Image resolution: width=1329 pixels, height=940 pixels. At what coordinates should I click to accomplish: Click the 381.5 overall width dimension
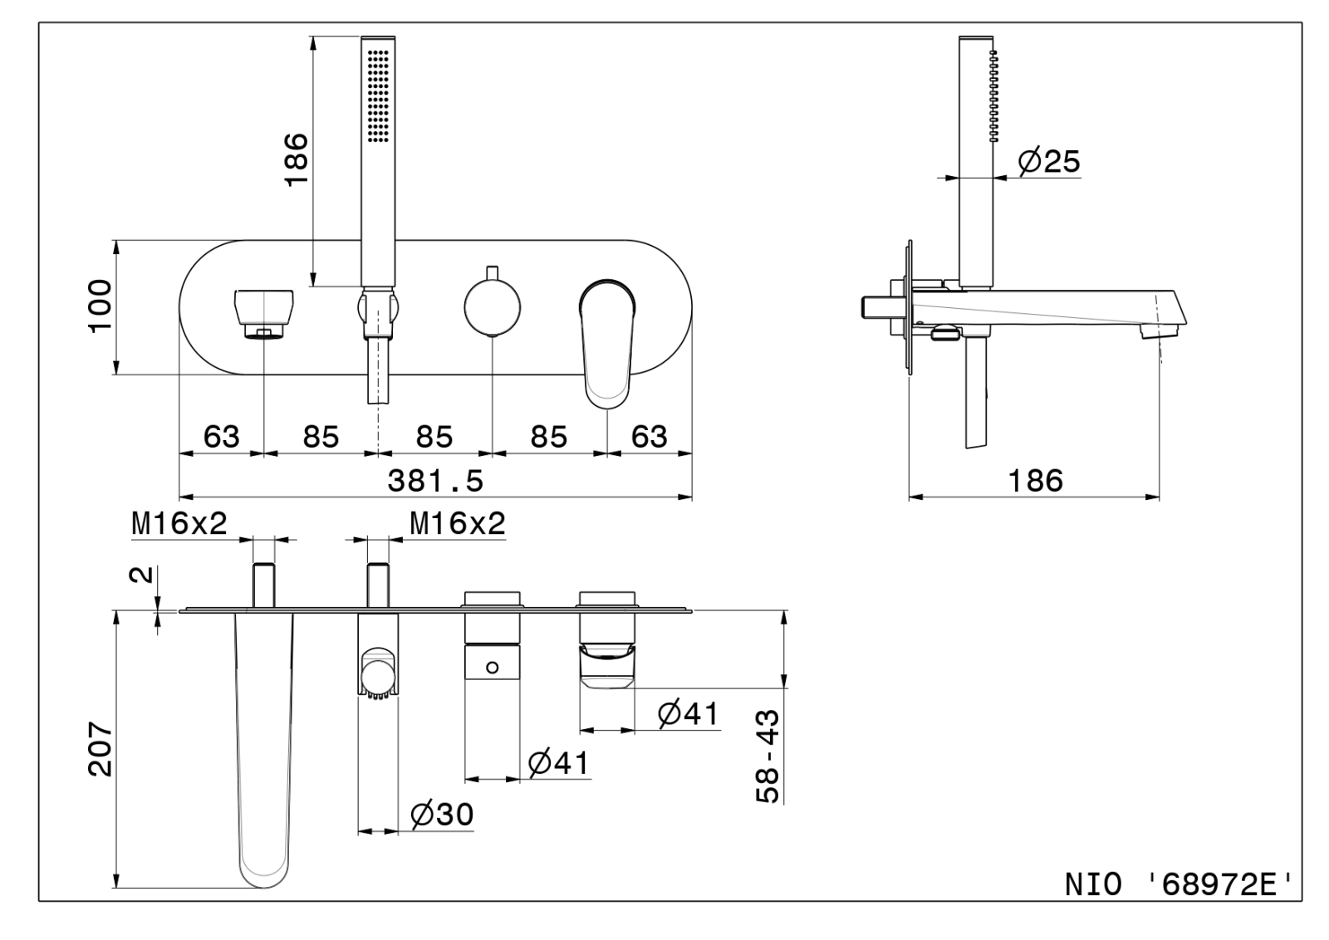(x=435, y=480)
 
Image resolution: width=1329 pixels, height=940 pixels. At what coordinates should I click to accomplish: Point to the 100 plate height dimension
(x=100, y=306)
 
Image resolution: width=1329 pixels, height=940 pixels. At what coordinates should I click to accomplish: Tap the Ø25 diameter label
(x=1049, y=161)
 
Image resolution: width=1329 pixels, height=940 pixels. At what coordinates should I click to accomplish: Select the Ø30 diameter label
(x=442, y=815)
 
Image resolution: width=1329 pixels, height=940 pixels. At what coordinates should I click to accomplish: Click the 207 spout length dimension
(x=101, y=749)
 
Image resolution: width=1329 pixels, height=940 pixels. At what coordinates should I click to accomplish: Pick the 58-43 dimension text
(x=768, y=756)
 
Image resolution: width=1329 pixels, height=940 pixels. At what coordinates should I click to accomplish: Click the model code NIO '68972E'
(x=1179, y=884)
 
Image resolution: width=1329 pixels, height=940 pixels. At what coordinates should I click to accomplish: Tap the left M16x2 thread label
(x=179, y=523)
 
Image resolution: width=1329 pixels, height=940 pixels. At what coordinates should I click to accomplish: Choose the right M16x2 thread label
(x=458, y=523)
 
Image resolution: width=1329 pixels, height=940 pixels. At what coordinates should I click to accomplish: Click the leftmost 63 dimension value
(x=221, y=437)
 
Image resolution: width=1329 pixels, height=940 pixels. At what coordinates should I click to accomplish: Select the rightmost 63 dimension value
(x=649, y=437)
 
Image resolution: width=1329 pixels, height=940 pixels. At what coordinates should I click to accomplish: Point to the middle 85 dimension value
(x=434, y=437)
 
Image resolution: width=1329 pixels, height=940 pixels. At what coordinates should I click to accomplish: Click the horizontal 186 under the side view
(x=1035, y=480)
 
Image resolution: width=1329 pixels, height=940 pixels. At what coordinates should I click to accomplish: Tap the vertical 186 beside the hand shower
(x=296, y=159)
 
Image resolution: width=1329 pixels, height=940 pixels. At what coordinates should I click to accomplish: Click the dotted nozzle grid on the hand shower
(x=378, y=96)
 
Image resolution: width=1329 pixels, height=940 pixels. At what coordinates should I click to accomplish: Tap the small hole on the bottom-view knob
(x=492, y=667)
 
